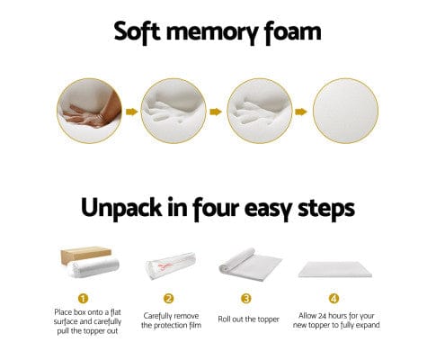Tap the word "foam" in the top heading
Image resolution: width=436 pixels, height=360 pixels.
tap(287, 33)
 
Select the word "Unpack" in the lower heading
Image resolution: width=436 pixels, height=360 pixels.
tap(131, 209)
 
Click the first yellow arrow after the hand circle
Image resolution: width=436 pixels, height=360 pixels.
tap(131, 112)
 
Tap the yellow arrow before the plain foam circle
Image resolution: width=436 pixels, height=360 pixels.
tap(302, 112)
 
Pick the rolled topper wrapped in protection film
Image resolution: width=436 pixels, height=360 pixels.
tap(166, 263)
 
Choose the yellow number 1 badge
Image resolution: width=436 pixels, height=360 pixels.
tap(83, 298)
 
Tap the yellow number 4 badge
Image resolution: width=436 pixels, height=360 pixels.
tap(334, 298)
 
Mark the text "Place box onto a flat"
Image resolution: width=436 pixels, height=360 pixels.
tap(83, 314)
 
